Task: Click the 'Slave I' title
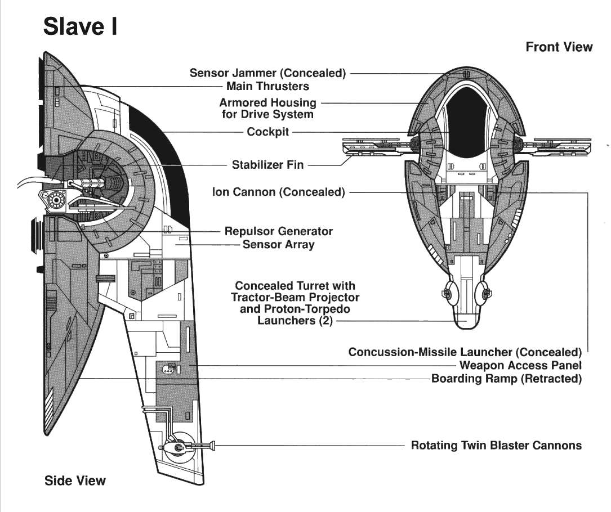coord(80,26)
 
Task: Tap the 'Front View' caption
coord(559,47)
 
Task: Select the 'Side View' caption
coord(75,480)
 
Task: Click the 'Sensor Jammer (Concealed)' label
coord(267,73)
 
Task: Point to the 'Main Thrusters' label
coord(267,87)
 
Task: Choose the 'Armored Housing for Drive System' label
coord(267,109)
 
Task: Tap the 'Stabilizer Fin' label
coord(267,165)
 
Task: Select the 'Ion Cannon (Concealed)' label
coord(278,192)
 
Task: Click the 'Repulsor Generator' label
coord(279,231)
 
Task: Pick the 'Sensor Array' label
coord(279,245)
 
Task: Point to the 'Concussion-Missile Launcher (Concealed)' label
coord(465,352)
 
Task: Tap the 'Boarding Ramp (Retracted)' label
coord(506,379)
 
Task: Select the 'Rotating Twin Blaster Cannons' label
coord(496,446)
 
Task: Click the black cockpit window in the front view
coord(466,121)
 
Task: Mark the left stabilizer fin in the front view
coord(372,147)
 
